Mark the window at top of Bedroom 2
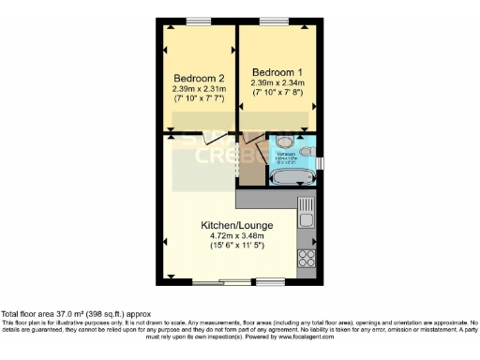coord(198,21)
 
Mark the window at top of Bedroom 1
coord(274,21)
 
